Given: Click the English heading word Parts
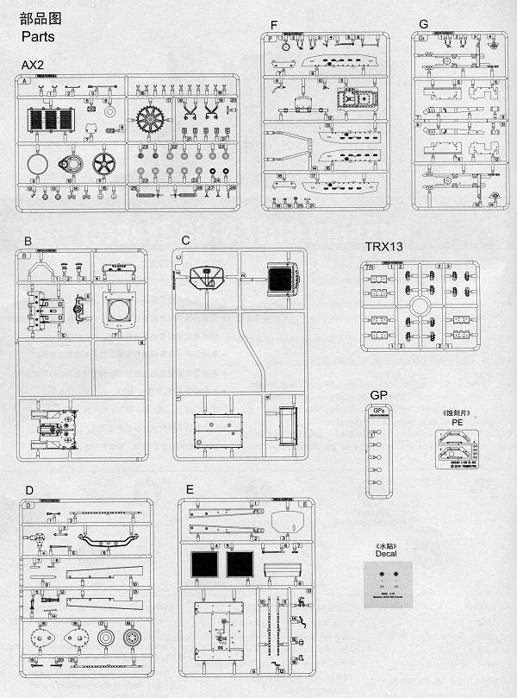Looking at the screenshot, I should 37,37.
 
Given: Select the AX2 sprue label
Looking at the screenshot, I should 32,66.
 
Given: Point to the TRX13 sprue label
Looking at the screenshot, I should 383,247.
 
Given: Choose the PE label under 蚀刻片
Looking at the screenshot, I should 458,423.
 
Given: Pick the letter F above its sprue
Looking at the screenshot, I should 273,24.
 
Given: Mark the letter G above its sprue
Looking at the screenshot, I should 422,24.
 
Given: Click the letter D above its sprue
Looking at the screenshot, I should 29,490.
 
